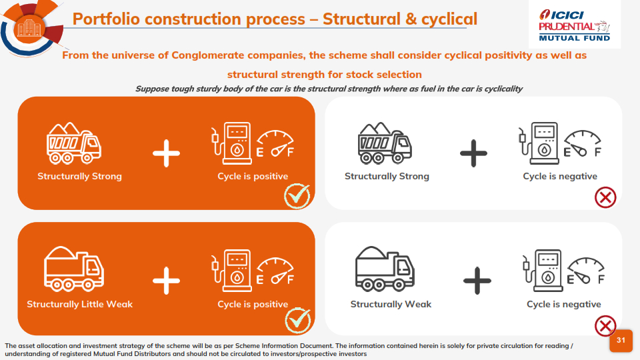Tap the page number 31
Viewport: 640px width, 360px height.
click(621, 341)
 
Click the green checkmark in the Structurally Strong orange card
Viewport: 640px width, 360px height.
click(297, 195)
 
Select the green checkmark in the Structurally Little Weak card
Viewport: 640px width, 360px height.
click(297, 320)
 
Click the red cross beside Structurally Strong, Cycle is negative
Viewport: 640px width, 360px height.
click(605, 197)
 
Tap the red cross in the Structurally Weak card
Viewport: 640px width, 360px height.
click(605, 325)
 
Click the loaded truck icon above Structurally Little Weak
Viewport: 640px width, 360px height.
click(74, 269)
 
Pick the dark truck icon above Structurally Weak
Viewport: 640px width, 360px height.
click(385, 269)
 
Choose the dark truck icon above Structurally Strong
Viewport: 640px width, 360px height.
click(385, 143)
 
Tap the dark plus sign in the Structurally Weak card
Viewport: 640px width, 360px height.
click(477, 280)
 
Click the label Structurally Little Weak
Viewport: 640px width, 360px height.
click(79, 304)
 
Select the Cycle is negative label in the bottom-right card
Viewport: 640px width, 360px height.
click(563, 304)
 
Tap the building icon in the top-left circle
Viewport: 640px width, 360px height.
click(29, 27)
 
